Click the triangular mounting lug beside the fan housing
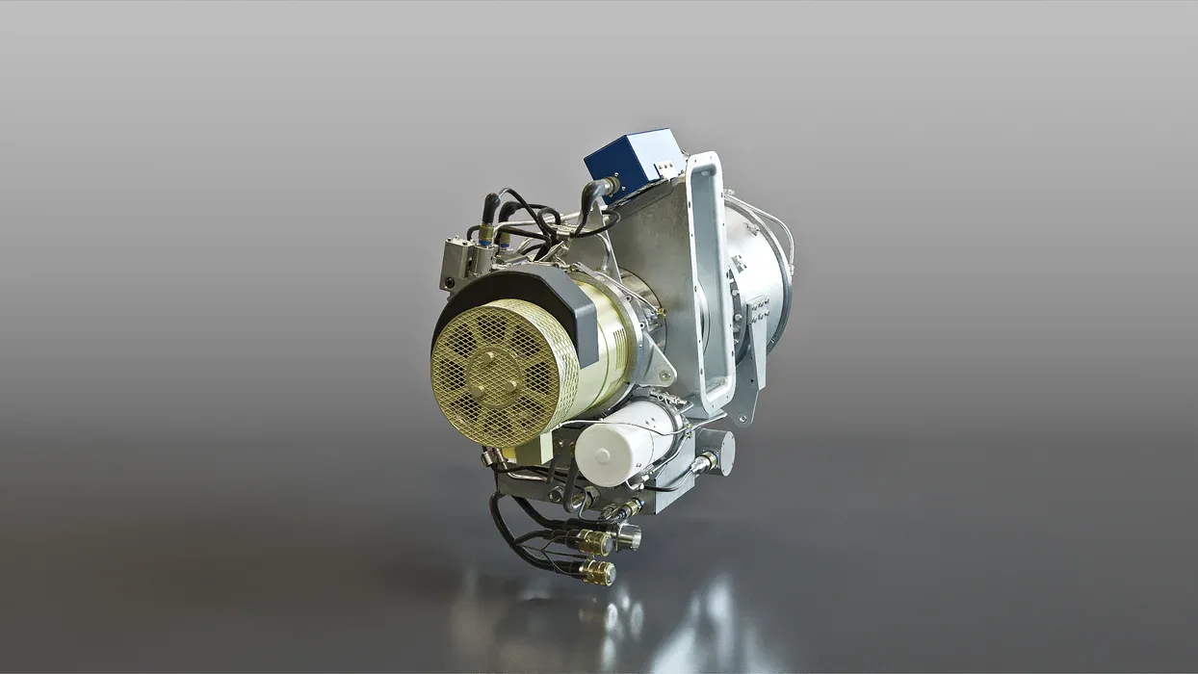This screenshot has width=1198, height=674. tap(660, 366)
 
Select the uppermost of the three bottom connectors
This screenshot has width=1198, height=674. tap(626, 510)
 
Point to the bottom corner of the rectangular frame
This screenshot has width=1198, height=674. tap(717, 404)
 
